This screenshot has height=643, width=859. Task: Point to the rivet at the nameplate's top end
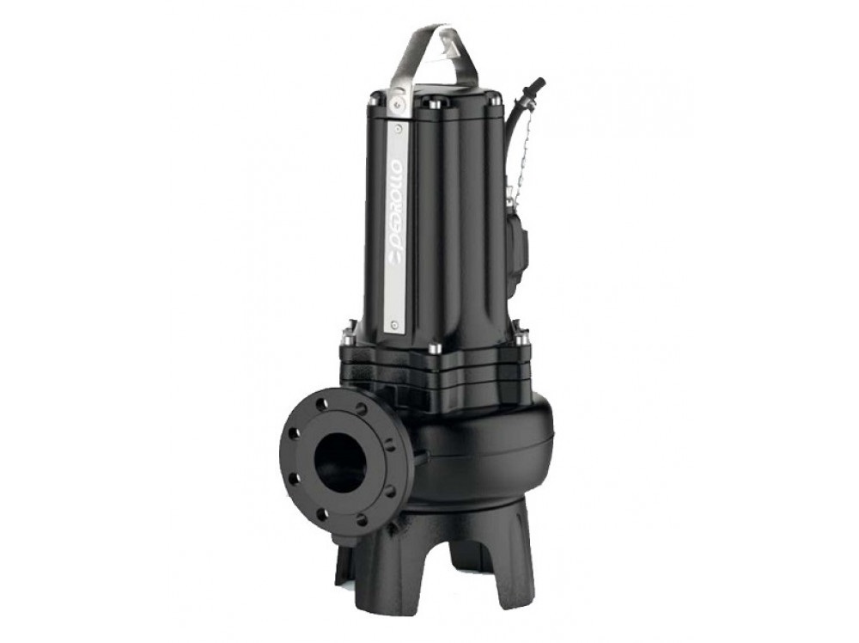(x=398, y=126)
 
